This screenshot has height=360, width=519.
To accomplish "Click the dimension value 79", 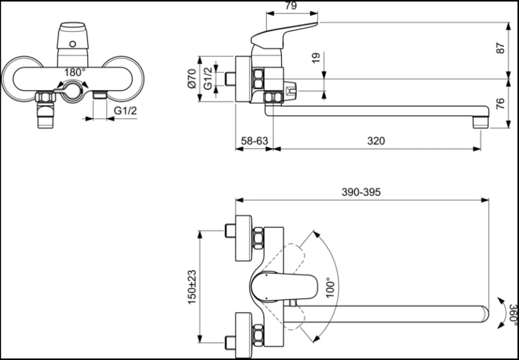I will (290, 6).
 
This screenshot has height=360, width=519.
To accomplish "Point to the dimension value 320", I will (376, 142).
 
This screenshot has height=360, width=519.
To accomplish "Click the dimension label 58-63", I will (253, 142).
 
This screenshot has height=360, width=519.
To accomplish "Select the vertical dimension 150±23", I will (192, 287).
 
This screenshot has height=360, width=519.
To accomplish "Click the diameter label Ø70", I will (192, 79).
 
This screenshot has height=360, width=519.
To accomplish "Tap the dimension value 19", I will (316, 58).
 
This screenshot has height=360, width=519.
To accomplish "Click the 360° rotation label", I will (511, 313).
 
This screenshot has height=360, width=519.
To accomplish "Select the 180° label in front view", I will (74, 71).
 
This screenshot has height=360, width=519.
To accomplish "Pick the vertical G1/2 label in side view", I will (208, 79).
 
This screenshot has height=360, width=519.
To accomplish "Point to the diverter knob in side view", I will (290, 91).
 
